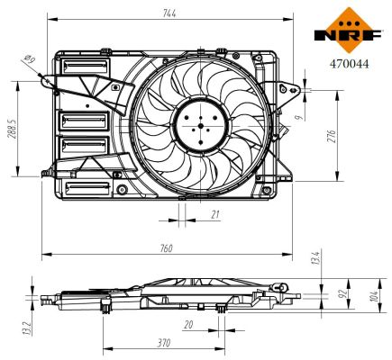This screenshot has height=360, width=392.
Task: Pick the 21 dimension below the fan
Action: [214, 213]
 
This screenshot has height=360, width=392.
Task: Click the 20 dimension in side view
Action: [187, 325]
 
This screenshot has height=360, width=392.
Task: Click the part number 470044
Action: [346, 63]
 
